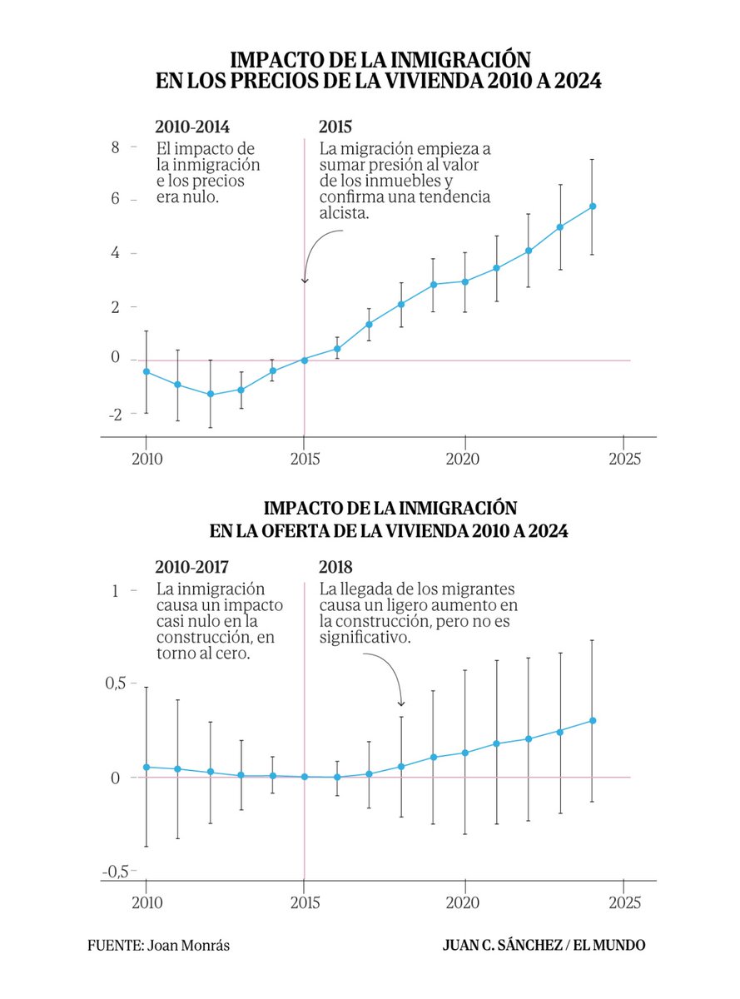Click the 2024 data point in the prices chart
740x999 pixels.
click(x=592, y=206)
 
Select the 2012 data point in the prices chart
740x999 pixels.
click(x=210, y=394)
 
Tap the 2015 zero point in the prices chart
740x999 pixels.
click(x=305, y=360)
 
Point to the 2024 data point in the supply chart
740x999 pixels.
click(x=592, y=720)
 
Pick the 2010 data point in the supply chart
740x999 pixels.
click(x=147, y=767)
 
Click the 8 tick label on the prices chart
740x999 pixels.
click(x=116, y=147)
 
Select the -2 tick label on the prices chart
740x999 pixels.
click(x=114, y=414)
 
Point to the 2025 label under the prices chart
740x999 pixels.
click(x=624, y=458)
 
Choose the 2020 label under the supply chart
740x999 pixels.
click(x=464, y=902)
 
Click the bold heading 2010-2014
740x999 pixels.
click(x=192, y=127)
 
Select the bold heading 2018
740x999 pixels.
click(x=335, y=568)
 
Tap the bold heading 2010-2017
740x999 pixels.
click(x=192, y=568)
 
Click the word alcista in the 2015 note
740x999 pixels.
click(x=344, y=213)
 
